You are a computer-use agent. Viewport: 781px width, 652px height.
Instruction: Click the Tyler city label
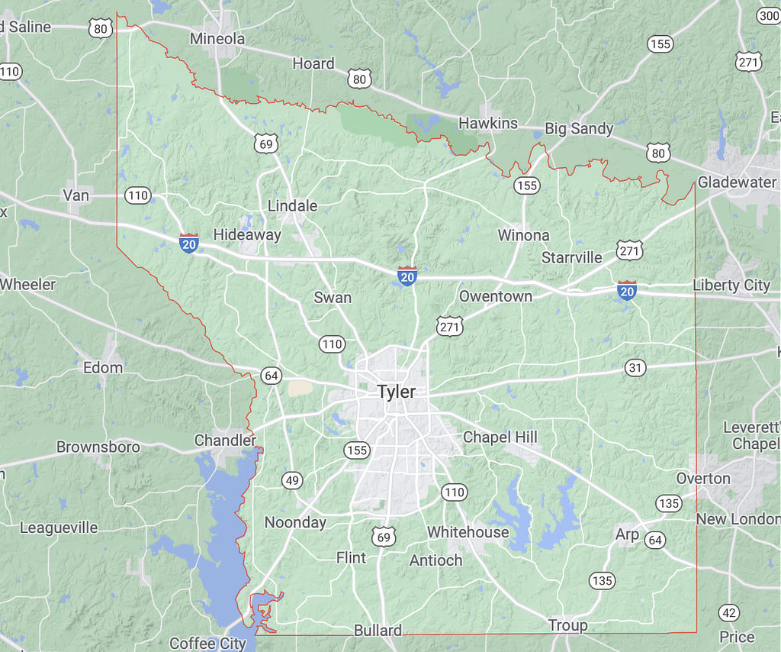pos(397,392)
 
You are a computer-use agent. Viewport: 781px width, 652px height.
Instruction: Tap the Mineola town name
pos(217,39)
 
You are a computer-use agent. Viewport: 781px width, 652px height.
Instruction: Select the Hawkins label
pos(488,123)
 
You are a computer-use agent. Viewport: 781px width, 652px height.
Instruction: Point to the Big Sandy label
pos(579,128)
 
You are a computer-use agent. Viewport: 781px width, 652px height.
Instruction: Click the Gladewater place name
pos(737,182)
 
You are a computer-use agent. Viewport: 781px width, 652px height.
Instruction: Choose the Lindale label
pos(292,206)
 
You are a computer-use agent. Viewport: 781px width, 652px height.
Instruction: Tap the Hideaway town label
pos(247,235)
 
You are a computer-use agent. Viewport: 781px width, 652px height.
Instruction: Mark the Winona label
pos(523,235)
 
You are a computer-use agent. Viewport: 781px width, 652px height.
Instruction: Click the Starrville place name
pos(572,257)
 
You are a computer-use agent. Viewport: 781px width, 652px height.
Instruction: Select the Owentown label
pos(496,296)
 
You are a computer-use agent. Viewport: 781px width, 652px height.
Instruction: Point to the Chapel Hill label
pos(500,437)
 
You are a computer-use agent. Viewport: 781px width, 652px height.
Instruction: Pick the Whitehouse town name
pos(468,532)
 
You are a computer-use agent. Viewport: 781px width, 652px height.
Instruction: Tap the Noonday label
pos(295,523)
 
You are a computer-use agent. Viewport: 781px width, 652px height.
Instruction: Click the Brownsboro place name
pos(98,447)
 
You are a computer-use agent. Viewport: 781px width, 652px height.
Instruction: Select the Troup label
pos(568,626)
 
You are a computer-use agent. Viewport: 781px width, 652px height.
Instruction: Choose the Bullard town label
pos(378,631)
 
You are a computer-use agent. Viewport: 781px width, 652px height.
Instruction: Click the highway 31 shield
pos(635,368)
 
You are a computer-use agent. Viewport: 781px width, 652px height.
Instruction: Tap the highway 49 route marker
pos(292,480)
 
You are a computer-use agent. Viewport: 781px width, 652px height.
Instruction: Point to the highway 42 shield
pos(728,612)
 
